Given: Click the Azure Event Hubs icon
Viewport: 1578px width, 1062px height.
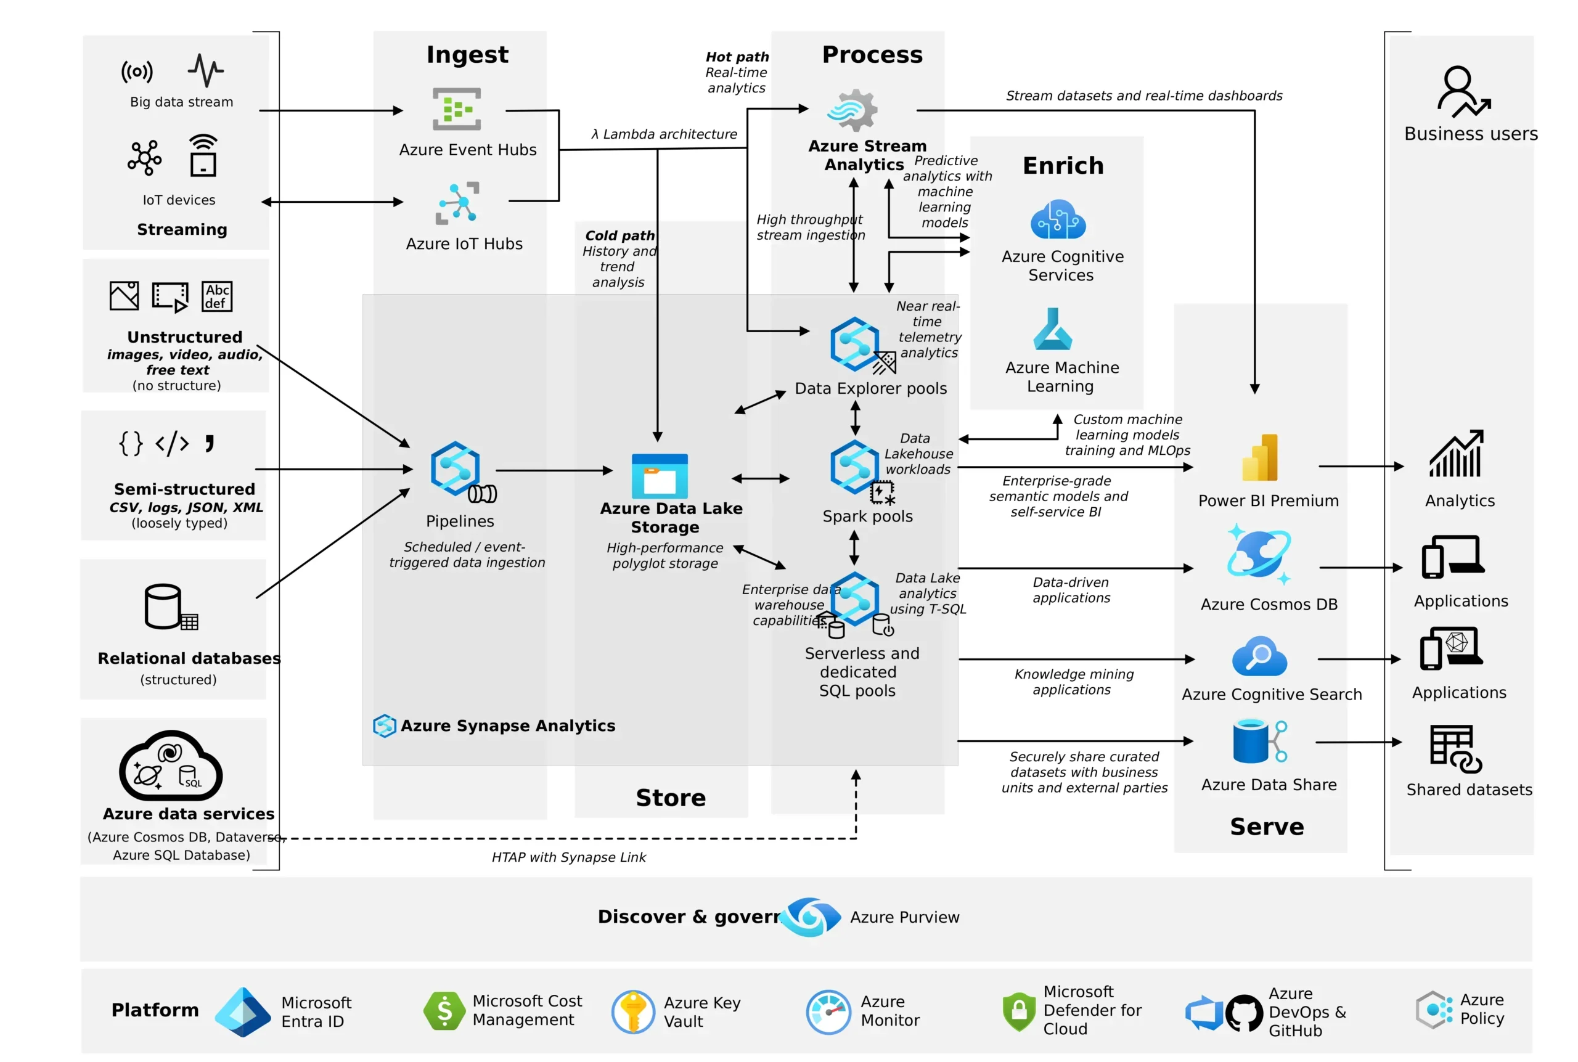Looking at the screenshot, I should (457, 108).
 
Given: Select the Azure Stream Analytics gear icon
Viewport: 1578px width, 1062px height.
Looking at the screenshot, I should (852, 110).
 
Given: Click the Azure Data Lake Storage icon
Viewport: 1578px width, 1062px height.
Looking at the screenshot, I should (659, 475).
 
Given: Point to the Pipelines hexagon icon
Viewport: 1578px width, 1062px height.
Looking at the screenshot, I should (455, 468).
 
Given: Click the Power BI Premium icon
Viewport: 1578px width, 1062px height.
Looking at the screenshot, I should (1260, 458).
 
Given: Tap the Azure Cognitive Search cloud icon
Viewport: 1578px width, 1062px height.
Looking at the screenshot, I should (1259, 656).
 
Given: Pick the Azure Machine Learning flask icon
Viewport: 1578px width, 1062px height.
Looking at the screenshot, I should (1052, 329).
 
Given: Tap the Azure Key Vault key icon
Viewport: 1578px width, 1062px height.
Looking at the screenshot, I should (632, 1012).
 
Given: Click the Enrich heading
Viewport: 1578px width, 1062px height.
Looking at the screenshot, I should (1063, 165).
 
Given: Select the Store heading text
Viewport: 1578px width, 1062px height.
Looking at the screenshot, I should (670, 797).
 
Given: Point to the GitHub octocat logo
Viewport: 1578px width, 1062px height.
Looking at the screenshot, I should (1243, 1013).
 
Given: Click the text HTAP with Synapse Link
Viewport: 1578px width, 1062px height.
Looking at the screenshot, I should (568, 857).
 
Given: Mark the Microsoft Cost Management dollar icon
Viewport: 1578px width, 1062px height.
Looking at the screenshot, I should (444, 1010).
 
